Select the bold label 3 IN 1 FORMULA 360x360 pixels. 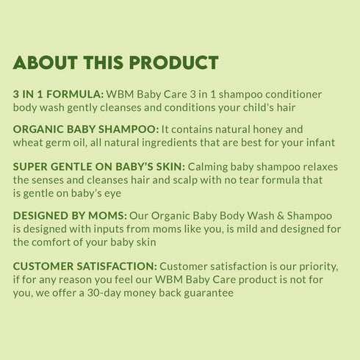tap(59, 95)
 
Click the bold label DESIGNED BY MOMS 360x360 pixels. tap(71, 215)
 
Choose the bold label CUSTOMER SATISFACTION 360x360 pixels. tap(85, 266)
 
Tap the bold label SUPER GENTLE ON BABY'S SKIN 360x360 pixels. tap(98, 166)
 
